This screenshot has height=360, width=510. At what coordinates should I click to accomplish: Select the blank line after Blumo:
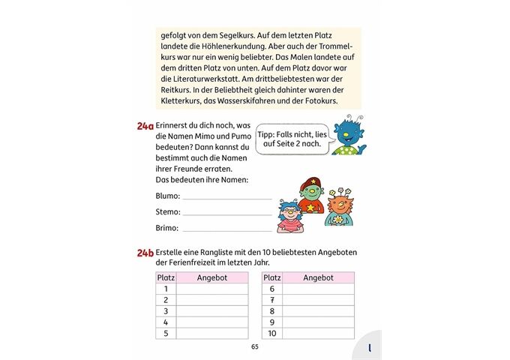(x=226, y=198)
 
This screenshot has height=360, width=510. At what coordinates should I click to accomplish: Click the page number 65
(x=255, y=346)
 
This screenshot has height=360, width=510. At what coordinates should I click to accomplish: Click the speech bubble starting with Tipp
(x=292, y=139)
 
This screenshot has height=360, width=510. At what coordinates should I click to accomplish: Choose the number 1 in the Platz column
(x=166, y=289)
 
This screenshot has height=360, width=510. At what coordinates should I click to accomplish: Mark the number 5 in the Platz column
(x=166, y=334)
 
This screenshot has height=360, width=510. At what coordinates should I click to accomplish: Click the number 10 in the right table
(x=272, y=334)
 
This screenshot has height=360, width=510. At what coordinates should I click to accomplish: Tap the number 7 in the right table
(x=272, y=300)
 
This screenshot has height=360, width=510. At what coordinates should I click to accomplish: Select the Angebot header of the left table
(x=212, y=277)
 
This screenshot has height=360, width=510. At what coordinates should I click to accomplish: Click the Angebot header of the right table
(x=318, y=277)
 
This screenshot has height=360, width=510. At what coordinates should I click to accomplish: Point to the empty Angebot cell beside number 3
(x=212, y=311)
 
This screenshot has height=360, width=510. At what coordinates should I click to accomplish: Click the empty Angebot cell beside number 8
(x=318, y=311)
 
